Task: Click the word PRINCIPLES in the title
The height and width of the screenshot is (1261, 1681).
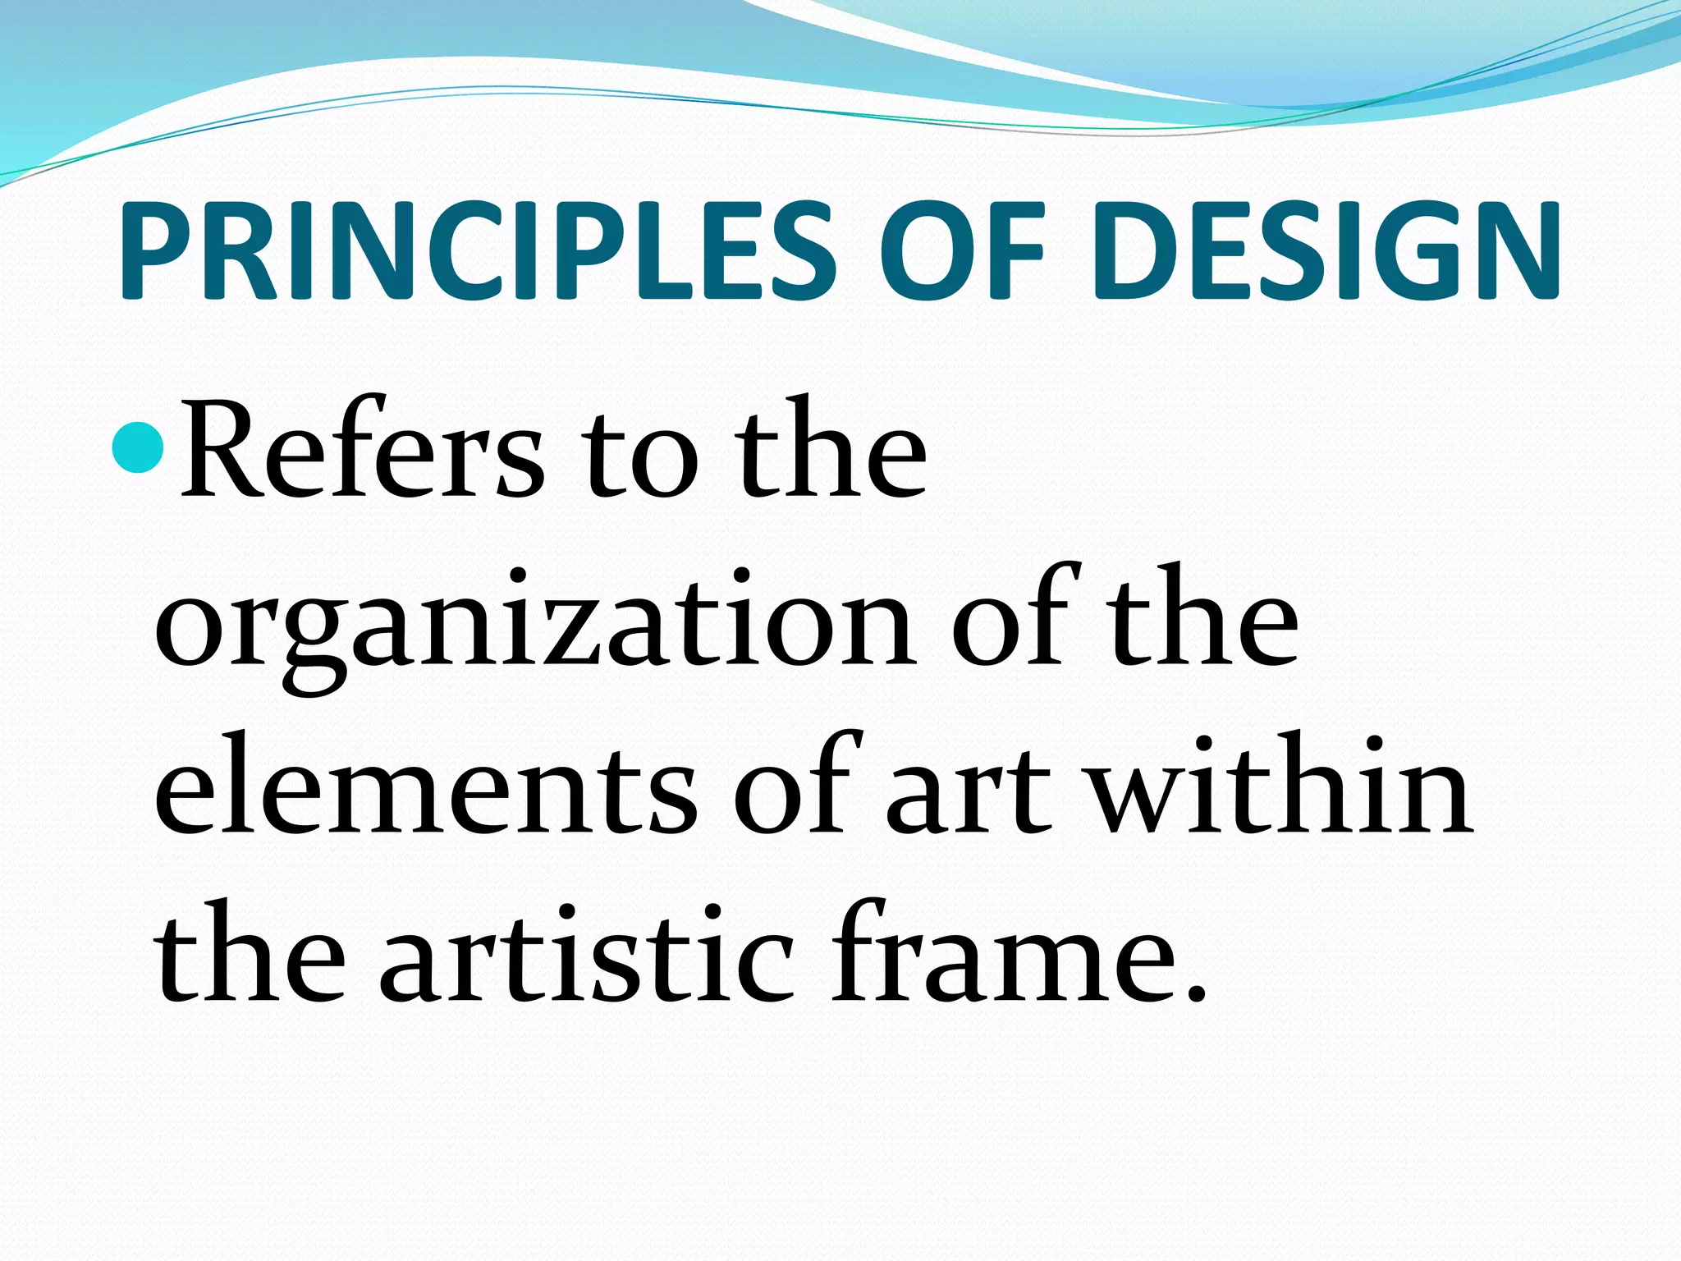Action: click(x=475, y=250)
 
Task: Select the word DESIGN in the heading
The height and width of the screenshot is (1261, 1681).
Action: click(x=1325, y=250)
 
